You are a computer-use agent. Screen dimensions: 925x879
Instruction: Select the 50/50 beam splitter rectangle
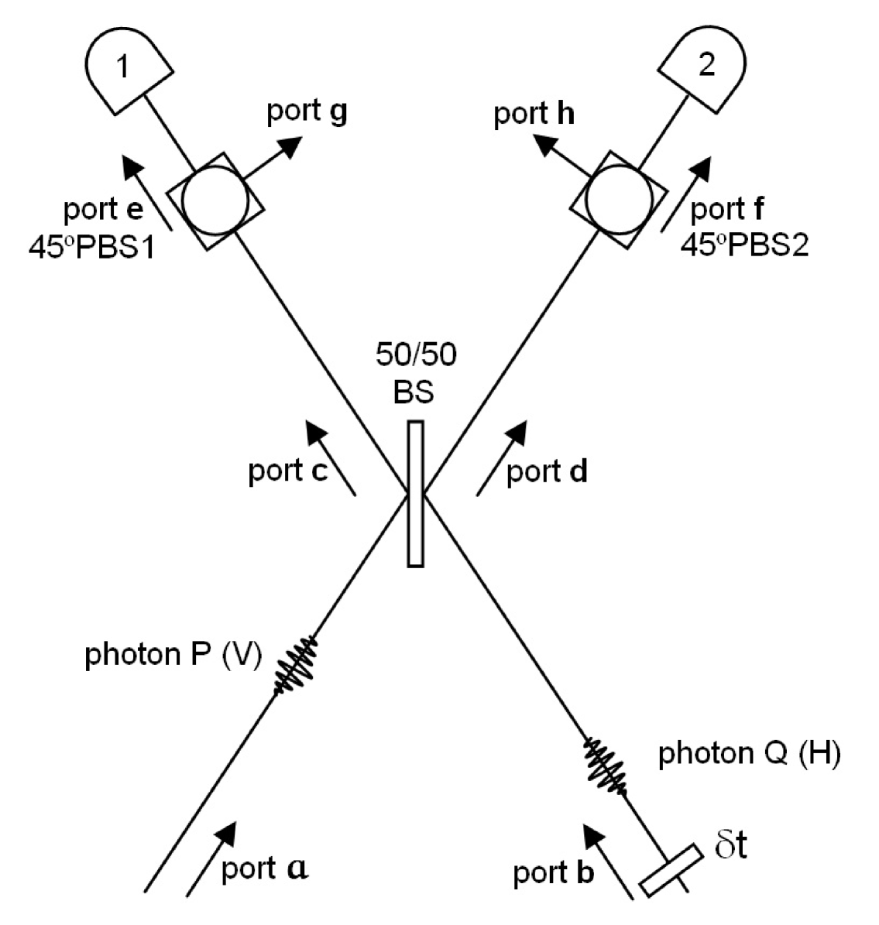tap(416, 494)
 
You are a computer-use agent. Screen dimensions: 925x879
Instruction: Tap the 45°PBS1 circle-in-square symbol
tap(215, 200)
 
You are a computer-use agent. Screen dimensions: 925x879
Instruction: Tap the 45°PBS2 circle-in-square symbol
tap(618, 200)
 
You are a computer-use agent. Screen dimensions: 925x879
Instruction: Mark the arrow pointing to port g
tap(271, 159)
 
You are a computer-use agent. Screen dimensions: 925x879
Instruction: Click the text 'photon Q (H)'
tap(749, 753)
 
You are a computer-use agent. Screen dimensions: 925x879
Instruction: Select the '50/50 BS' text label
tap(415, 372)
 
